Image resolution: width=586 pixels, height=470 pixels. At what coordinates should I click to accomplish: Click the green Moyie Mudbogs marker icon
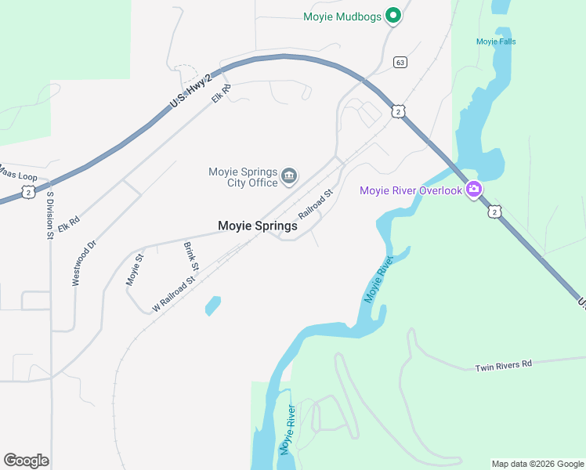click(394, 15)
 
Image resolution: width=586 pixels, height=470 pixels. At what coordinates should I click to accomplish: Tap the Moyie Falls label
click(496, 42)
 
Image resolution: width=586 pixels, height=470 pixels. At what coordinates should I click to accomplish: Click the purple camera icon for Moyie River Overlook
click(473, 190)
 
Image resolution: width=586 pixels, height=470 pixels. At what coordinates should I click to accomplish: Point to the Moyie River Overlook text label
click(411, 190)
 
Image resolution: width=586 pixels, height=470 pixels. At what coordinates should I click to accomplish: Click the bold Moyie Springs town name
click(257, 226)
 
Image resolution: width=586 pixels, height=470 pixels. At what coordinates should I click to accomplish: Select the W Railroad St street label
click(173, 294)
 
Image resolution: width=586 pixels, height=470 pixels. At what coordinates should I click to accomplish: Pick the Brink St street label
click(191, 257)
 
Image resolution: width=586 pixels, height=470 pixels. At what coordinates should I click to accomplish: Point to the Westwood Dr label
click(84, 262)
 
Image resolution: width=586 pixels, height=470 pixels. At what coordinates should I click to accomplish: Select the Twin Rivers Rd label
click(504, 366)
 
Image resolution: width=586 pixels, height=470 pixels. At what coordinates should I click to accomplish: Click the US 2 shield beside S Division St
click(28, 192)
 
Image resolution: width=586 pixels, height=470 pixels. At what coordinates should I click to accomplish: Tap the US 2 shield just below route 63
click(399, 112)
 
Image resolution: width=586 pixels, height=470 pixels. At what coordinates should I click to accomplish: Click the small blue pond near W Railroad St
click(212, 305)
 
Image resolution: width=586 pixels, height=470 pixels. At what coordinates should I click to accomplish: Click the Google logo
click(26, 461)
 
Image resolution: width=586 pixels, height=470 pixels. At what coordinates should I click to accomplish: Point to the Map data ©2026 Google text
click(537, 464)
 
